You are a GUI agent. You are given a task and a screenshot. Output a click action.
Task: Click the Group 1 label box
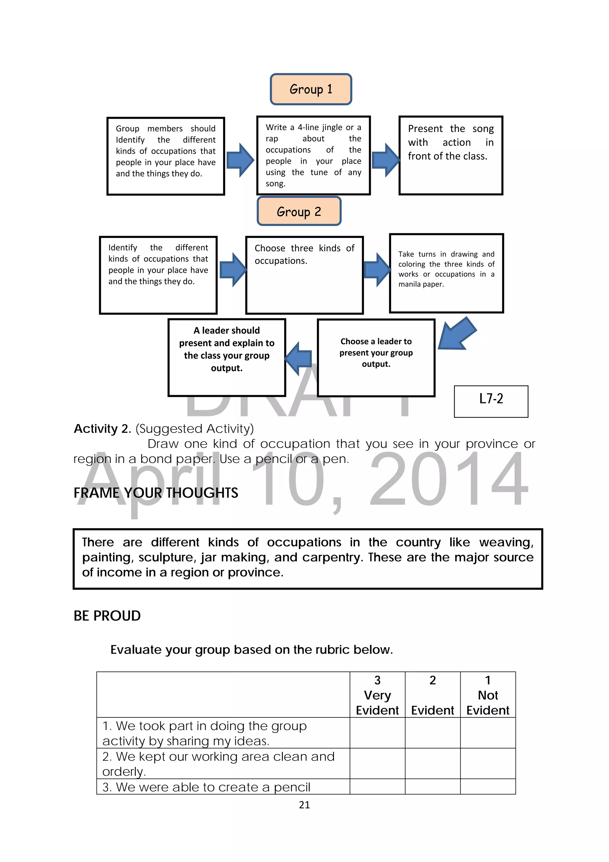(x=311, y=89)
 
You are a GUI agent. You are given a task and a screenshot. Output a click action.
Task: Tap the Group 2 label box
(x=299, y=211)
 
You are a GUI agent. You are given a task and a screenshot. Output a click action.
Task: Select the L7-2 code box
(x=491, y=401)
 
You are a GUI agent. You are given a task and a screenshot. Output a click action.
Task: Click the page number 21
(x=304, y=805)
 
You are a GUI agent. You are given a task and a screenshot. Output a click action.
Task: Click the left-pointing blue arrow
(x=299, y=358)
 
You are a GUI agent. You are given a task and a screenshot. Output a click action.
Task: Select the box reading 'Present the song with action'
(x=451, y=155)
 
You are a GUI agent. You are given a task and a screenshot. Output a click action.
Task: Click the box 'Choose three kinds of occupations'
(x=304, y=275)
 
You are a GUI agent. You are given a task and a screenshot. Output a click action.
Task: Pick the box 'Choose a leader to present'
(x=376, y=357)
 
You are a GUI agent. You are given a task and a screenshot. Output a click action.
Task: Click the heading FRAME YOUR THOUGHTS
(x=156, y=492)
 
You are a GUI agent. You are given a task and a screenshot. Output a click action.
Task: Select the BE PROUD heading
(x=107, y=616)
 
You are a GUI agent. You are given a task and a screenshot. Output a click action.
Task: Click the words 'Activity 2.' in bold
(x=102, y=428)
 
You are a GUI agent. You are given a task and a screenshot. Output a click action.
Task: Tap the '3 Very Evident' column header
(x=377, y=695)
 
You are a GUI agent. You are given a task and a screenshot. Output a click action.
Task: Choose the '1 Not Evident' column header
(x=487, y=695)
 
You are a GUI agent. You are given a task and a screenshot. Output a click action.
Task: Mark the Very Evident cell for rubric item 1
(x=377, y=733)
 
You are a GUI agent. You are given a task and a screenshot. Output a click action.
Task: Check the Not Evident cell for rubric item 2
(x=487, y=763)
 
